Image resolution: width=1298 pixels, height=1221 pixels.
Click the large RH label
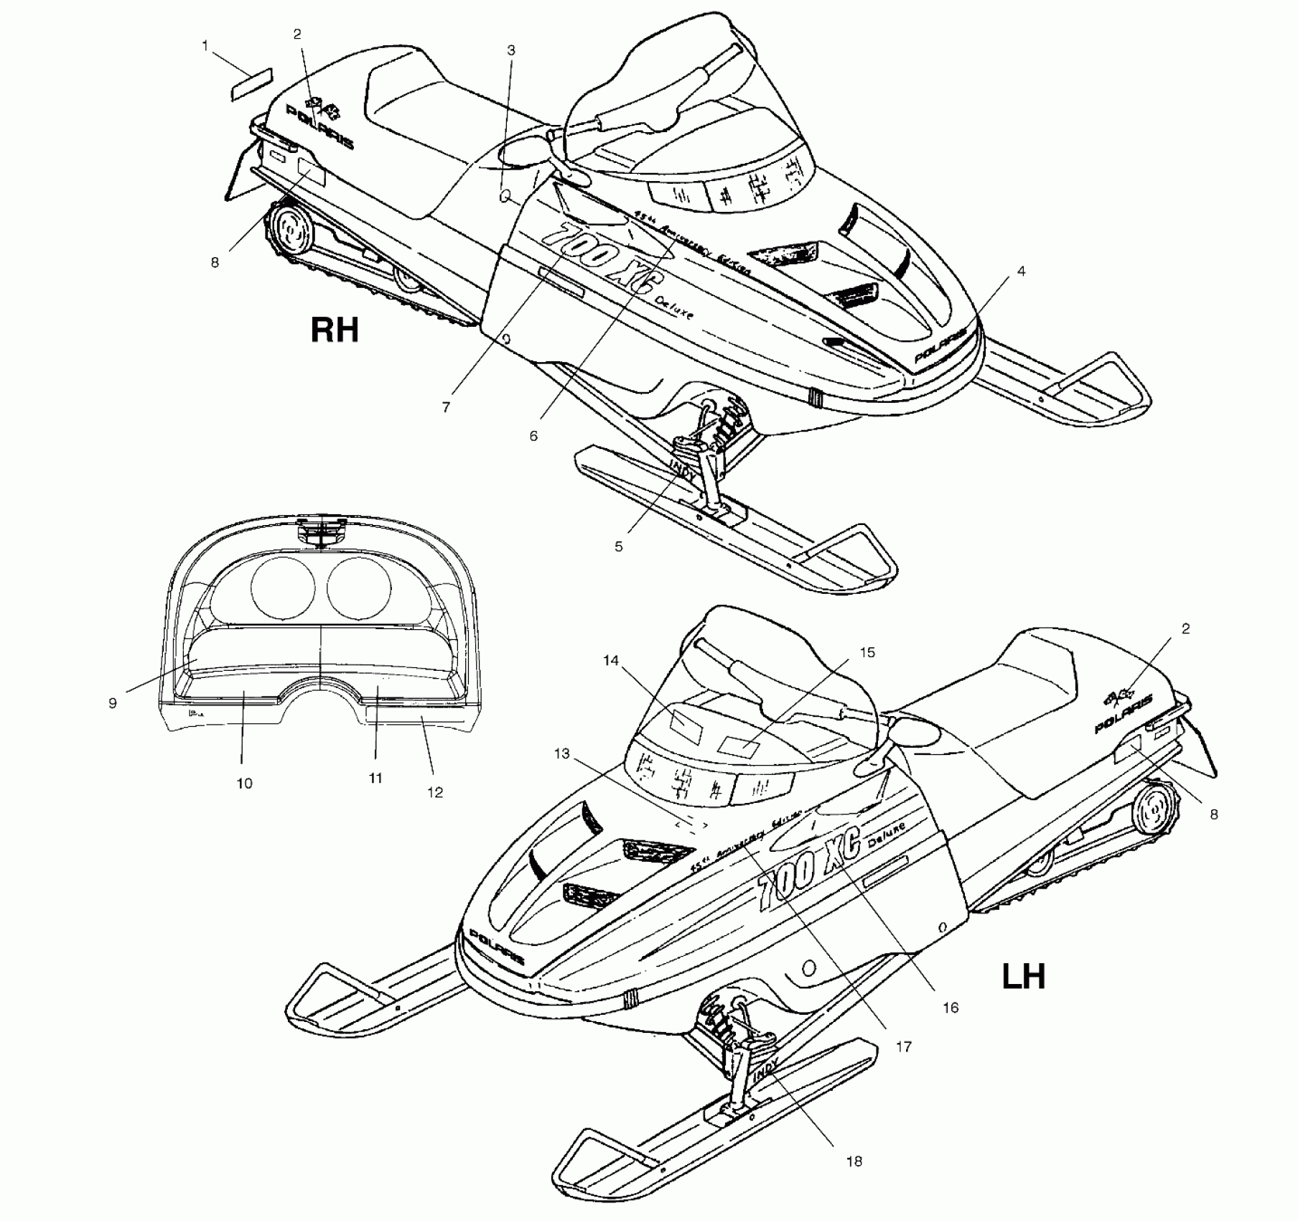tap(334, 330)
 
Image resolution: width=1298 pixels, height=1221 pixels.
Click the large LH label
tap(1024, 977)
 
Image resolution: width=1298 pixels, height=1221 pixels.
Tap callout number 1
tap(205, 46)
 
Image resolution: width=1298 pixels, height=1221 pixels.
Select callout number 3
tap(510, 50)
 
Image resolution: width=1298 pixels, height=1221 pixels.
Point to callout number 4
tap(1021, 271)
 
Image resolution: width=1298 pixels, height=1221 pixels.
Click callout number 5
tap(618, 547)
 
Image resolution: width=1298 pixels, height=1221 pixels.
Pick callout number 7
tap(446, 407)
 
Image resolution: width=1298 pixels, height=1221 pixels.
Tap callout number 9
tap(113, 703)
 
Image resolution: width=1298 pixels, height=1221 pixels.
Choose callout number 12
tap(435, 792)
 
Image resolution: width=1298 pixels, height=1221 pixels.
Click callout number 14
tap(610, 661)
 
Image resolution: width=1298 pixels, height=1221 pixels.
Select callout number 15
tap(867, 652)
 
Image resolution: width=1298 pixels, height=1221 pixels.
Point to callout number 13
tap(561, 753)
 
